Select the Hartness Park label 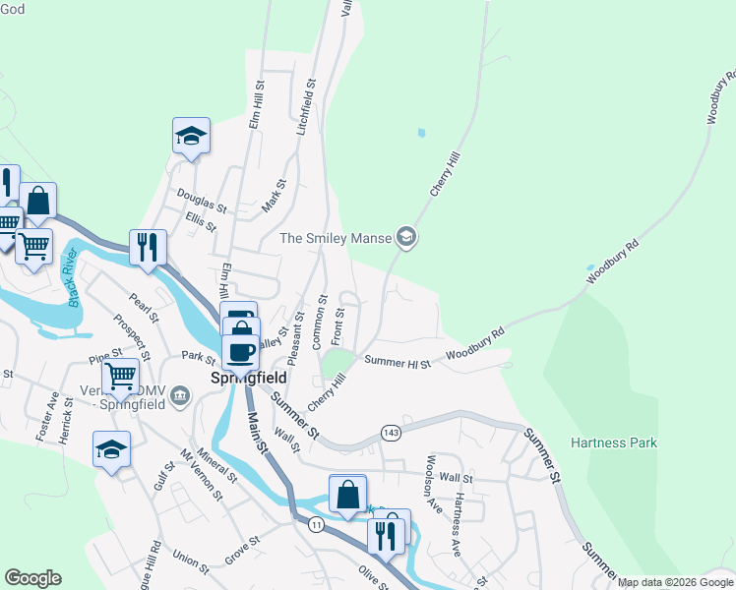pyautogui.click(x=613, y=442)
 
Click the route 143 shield pyautogui.click(x=391, y=433)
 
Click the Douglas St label pyautogui.click(x=203, y=202)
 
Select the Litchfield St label pyautogui.click(x=306, y=107)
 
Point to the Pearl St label pyautogui.click(x=142, y=306)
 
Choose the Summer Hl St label pyautogui.click(x=398, y=362)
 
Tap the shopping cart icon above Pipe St pyautogui.click(x=119, y=375)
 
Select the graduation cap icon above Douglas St pyautogui.click(x=191, y=137)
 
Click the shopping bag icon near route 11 pyautogui.click(x=347, y=495)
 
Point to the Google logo pyautogui.click(x=32, y=578)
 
